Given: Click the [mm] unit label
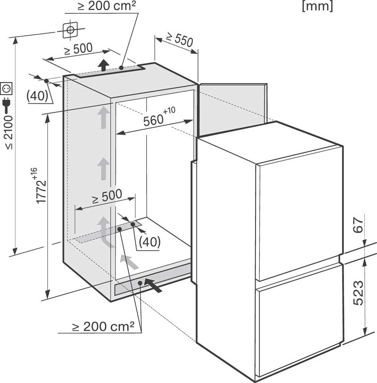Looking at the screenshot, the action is (318, 6).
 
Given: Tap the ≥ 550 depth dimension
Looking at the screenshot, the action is (179, 40).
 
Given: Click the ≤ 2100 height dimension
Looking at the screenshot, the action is (9, 132).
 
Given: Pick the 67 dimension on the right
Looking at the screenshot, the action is (358, 225).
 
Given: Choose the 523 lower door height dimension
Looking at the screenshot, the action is (358, 293).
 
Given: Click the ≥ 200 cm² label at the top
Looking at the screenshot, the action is (107, 6).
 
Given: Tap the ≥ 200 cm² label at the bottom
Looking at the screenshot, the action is (103, 327).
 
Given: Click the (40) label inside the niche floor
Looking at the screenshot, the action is (150, 242).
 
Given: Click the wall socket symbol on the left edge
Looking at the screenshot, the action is (7, 88).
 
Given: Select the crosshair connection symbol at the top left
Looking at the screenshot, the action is (71, 30).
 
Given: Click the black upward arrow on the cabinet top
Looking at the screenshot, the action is (104, 65).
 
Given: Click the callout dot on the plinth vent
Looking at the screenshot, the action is (140, 283).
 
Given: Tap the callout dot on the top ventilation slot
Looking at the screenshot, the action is (121, 68).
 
